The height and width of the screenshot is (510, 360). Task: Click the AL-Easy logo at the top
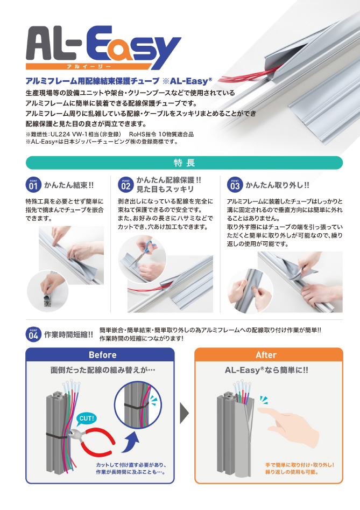103,47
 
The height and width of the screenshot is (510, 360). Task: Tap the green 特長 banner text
184,163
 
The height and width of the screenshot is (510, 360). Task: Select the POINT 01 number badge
33,185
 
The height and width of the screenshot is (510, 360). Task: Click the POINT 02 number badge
126,185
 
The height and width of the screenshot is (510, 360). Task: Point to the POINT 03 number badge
235,185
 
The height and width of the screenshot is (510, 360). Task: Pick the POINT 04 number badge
33,334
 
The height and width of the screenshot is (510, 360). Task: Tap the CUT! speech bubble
87,418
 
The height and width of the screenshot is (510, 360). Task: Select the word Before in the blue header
102,355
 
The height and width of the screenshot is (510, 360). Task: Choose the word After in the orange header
266,355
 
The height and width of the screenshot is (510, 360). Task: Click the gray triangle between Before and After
184,413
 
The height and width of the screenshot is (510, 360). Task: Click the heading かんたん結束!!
68,185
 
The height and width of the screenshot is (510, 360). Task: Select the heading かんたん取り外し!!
277,185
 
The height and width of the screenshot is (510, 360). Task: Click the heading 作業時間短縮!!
68,334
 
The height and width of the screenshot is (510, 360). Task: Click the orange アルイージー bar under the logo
88,66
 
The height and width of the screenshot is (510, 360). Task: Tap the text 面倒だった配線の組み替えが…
103,370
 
